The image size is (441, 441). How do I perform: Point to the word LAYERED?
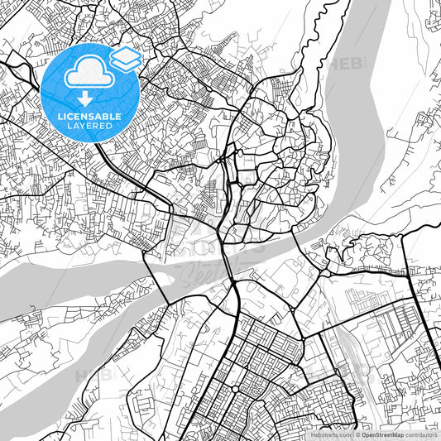pyautogui.click(x=90, y=126)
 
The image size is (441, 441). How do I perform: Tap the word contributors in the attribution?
pyautogui.click(x=422, y=434)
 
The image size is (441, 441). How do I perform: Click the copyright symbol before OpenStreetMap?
pyautogui.click(x=359, y=434)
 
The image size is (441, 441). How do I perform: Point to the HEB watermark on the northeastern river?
pyautogui.click(x=346, y=64)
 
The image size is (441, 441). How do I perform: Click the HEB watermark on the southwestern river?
pyautogui.click(x=93, y=375)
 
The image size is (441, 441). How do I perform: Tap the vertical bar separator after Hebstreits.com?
pyautogui.click(x=353, y=434)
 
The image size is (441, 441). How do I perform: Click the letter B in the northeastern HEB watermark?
pyautogui.click(x=357, y=64)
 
